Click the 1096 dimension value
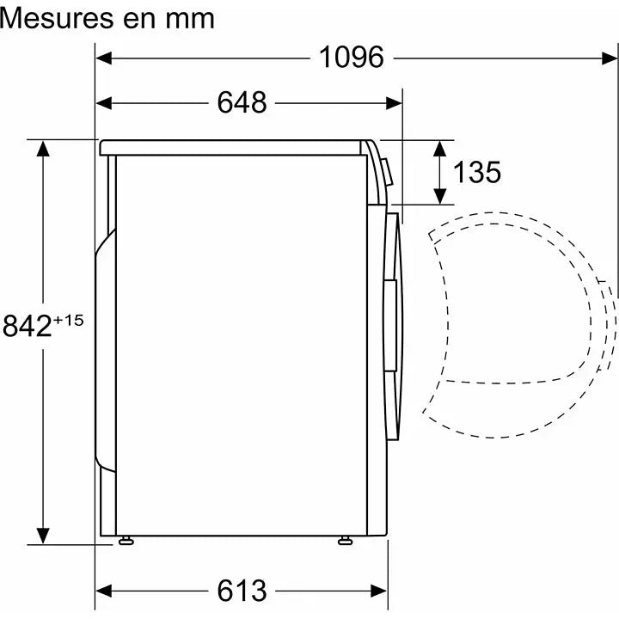click(x=351, y=58)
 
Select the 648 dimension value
click(x=242, y=103)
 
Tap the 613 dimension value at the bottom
click(x=242, y=591)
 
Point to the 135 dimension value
click(x=477, y=172)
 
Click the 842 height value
click(x=28, y=328)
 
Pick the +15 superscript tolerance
click(x=70, y=321)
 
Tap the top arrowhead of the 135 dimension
click(x=440, y=147)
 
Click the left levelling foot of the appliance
click(x=128, y=541)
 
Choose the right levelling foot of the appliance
click(x=345, y=541)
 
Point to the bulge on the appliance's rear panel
click(x=104, y=352)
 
